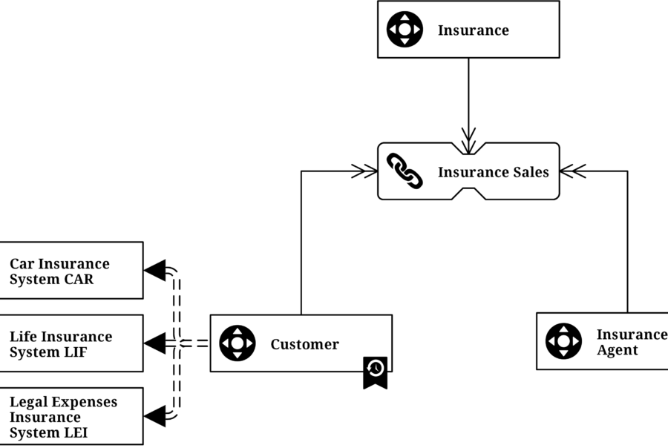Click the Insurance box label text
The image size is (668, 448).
(473, 30)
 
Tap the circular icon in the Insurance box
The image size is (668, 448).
(405, 30)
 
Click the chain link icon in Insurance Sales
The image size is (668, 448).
(405, 171)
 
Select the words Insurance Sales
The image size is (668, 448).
(493, 172)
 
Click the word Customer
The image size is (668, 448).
(304, 344)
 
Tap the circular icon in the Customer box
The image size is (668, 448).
(237, 343)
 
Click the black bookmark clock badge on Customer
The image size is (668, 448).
(375, 372)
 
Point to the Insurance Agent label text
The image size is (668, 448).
(631, 342)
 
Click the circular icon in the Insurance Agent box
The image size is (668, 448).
(563, 341)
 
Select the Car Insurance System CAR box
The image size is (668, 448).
(71, 271)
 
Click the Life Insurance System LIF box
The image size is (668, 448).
(71, 343)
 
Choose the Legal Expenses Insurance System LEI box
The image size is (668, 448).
(71, 416)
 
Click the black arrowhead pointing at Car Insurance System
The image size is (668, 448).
(155, 271)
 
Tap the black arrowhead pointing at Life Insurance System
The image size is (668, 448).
(155, 343)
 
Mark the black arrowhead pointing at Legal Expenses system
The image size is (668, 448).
(155, 416)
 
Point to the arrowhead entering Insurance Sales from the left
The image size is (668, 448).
(366, 171)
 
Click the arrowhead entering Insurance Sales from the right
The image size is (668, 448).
(572, 171)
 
